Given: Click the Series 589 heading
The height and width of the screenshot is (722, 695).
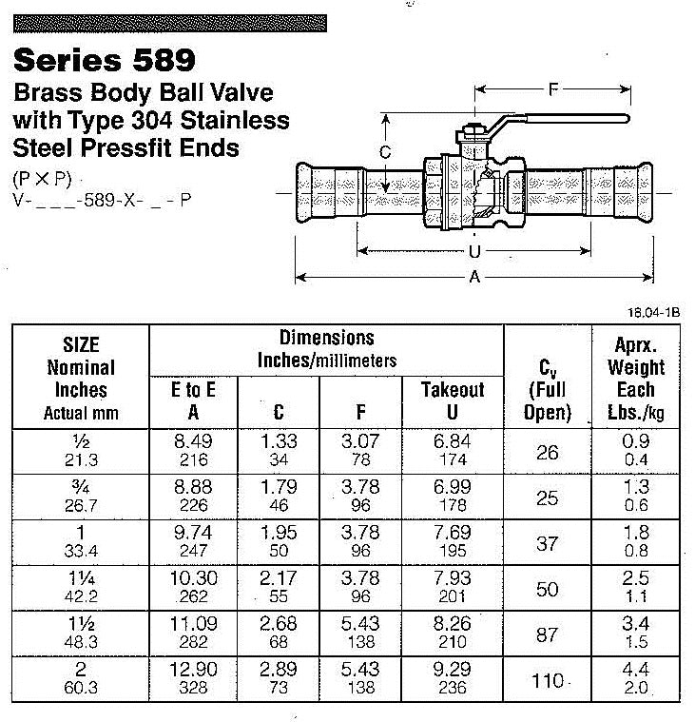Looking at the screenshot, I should (x=104, y=61).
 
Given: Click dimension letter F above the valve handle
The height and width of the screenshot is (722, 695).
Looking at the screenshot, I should (x=552, y=90).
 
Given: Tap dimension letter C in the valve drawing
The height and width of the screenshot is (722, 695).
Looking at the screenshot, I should (x=385, y=151).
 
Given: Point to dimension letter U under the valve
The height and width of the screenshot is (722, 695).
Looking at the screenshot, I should (x=473, y=252).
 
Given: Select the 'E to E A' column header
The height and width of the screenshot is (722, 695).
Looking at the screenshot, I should (x=193, y=400).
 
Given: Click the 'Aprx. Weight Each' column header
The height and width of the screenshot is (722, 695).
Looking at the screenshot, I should (x=636, y=378).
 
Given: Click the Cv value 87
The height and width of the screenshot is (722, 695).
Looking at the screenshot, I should (x=547, y=634).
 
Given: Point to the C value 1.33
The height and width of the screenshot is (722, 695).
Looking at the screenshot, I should (x=278, y=441).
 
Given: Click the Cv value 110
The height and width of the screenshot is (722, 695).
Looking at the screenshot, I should (x=547, y=681).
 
